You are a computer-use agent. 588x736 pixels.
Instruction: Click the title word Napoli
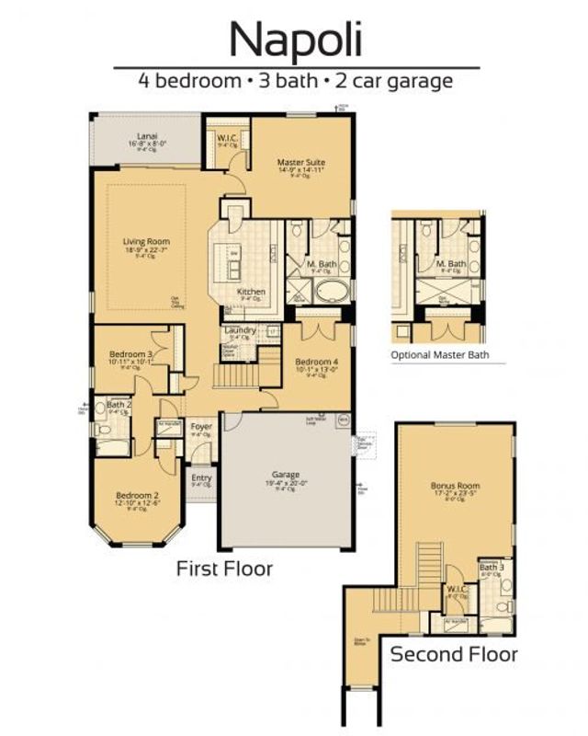tap(296, 39)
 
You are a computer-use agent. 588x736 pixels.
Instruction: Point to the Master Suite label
tap(300, 163)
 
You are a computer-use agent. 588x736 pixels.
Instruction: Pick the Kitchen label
tap(251, 292)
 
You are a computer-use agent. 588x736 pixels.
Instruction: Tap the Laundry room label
tap(239, 330)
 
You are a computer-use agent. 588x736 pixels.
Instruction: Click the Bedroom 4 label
tap(316, 362)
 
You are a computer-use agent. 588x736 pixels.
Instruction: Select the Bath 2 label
tap(117, 404)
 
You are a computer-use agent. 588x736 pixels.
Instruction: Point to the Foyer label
tap(201, 427)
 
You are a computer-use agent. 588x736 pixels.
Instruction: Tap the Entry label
tap(201, 477)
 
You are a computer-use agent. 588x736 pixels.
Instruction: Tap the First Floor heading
tap(224, 569)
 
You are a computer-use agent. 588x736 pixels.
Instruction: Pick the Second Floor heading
tap(454, 655)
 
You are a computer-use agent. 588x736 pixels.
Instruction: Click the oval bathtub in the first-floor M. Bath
tap(329, 293)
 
